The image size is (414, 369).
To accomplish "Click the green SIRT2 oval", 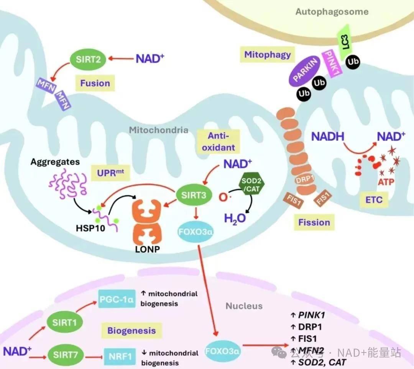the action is pos(88,59).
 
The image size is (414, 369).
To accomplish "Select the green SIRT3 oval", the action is pos(194,195).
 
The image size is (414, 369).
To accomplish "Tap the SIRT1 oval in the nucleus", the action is pos(64,322).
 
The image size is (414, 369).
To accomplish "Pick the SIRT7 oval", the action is pos(66,354).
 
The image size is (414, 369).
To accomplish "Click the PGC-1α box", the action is pos(117,299).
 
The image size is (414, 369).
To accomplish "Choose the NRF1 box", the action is pos(120,357).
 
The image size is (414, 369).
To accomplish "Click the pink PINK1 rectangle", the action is pos(332,63).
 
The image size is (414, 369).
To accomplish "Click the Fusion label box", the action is pos(95,83).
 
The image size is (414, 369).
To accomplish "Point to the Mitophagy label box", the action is pos(268,55).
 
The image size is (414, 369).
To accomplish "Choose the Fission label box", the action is pos(314,222).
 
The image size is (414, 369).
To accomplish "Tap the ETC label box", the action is pos(374,200).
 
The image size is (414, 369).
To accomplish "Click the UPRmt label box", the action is pos(110,173).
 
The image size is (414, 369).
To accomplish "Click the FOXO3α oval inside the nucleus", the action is pos(222,351).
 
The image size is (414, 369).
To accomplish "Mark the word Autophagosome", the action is pos(332,12).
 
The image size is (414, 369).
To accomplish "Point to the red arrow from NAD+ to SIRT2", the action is pos(121,59).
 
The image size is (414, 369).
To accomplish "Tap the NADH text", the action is pos(328,137).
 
